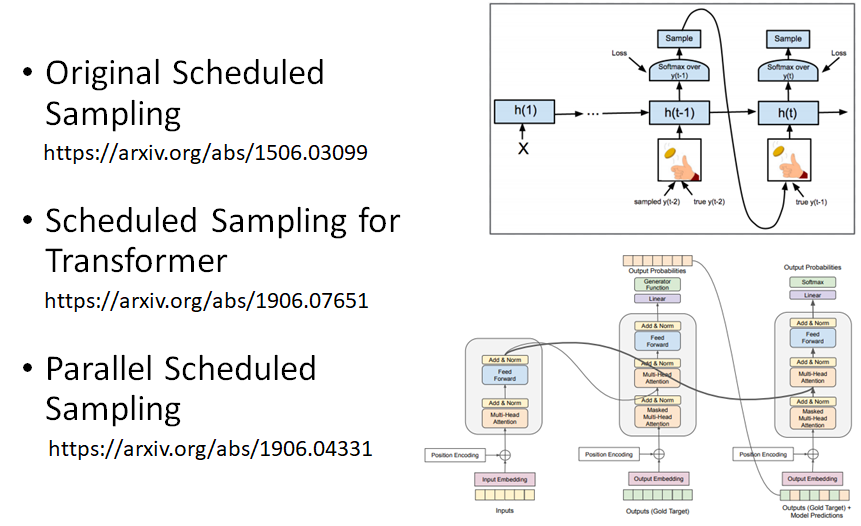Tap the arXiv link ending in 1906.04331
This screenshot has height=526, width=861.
tap(210, 448)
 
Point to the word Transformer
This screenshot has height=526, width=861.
tap(136, 261)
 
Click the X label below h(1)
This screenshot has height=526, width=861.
tap(523, 149)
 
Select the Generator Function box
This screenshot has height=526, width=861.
tap(657, 284)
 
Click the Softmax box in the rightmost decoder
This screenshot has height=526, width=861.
tap(812, 283)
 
